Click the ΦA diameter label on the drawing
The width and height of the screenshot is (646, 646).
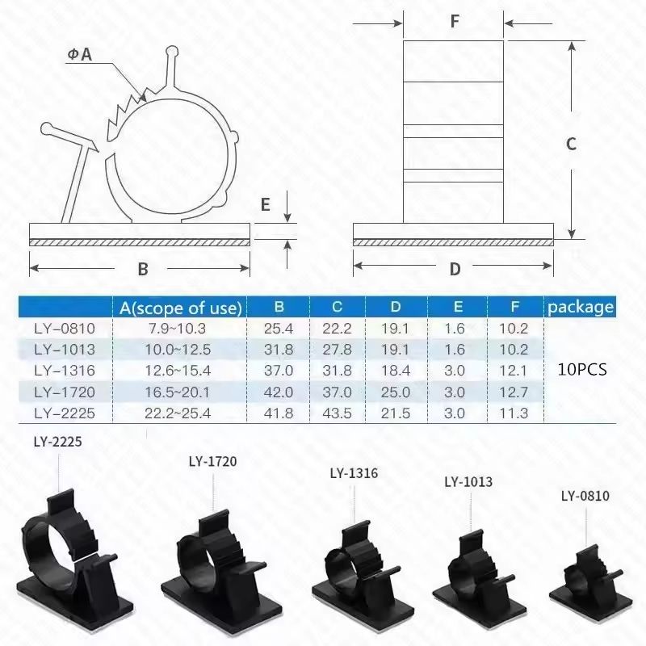[x=80, y=56]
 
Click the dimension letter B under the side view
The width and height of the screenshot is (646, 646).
[x=142, y=268]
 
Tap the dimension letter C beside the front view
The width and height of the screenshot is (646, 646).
[x=570, y=144]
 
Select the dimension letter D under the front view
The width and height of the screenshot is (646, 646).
[x=455, y=268]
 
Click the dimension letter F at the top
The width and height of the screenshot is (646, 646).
[x=455, y=22]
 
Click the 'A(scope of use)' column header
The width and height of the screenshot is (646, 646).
[x=179, y=308]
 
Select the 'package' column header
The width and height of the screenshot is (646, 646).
[x=580, y=308]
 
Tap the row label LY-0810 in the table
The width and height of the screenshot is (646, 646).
[x=65, y=329]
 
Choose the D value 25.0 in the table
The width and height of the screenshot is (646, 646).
[x=396, y=392]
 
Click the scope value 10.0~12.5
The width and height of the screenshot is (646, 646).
[x=179, y=350]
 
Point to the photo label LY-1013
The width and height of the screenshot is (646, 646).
[x=468, y=483]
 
